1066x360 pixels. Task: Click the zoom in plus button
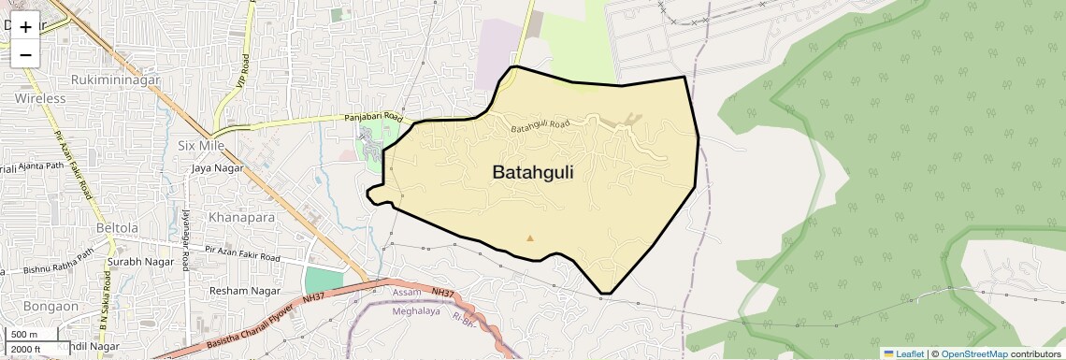[25, 27]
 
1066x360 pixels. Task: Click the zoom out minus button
[25, 54]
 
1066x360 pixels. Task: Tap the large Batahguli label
[532, 173]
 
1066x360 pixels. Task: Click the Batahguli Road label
[540, 124]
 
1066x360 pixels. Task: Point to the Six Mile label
[202, 146]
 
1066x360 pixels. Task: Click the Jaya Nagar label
[217, 168]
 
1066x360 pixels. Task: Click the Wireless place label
[40, 98]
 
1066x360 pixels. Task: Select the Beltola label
[117, 228]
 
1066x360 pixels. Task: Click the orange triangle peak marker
[530, 238]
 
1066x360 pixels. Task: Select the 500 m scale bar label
[24, 335]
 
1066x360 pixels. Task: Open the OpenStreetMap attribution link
[973, 353]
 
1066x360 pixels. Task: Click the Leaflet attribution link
[903, 353]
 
